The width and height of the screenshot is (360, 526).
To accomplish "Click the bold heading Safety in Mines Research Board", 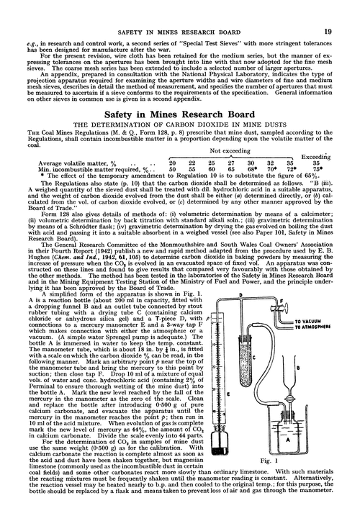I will click(x=179, y=113).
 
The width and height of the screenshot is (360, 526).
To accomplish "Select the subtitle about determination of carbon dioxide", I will click(x=179, y=125).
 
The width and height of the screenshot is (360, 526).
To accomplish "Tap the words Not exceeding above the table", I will click(x=228, y=152).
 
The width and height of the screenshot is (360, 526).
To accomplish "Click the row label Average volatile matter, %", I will click(x=65, y=164).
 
